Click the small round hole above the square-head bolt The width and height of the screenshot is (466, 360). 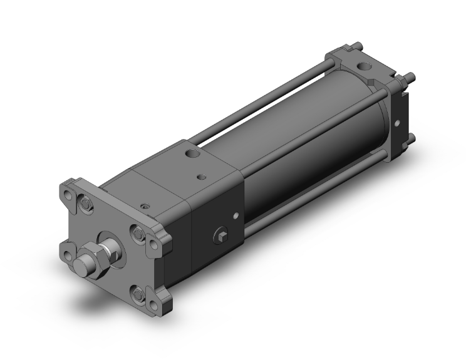click(236, 217)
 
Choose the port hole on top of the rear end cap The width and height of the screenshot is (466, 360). click(363, 65)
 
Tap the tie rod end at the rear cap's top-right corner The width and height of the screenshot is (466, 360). click(414, 80)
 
